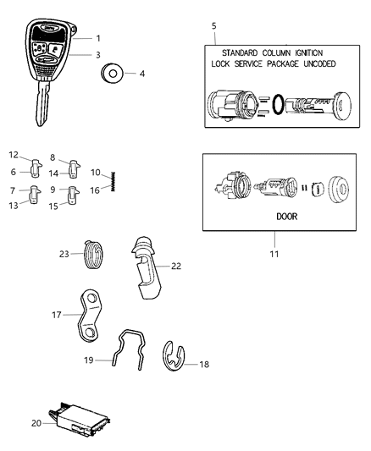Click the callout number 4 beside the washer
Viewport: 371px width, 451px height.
[141, 74]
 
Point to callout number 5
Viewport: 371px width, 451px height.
[213, 26]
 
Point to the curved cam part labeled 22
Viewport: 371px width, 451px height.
[149, 267]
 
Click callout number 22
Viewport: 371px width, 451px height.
[176, 266]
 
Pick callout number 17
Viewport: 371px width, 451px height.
[58, 315]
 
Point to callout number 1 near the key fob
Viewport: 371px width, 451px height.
[97, 38]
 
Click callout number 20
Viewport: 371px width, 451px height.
[36, 423]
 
